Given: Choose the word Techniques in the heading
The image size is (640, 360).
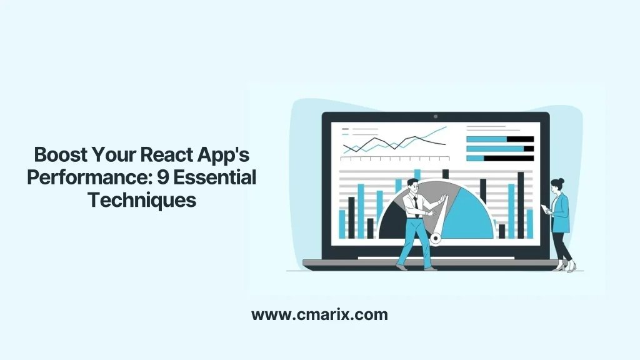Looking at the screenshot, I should pos(142,201).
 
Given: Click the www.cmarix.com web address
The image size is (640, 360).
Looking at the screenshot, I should pos(319,314).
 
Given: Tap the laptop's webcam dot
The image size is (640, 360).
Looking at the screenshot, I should pos(436,116).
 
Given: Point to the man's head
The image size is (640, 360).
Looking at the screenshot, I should pos(411,184).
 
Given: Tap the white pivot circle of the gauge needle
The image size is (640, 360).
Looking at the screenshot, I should pos(436,238).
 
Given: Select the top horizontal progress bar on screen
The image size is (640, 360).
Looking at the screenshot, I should pos(500,139).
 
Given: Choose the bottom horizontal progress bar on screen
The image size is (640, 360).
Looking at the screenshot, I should pos(500,158).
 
